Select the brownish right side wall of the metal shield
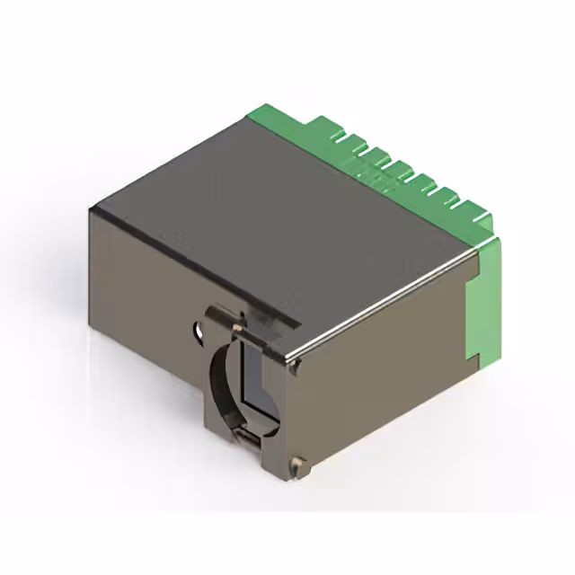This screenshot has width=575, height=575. click(386, 377)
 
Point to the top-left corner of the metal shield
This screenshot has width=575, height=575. click(92, 208)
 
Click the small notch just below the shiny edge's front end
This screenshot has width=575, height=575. click(293, 366)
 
